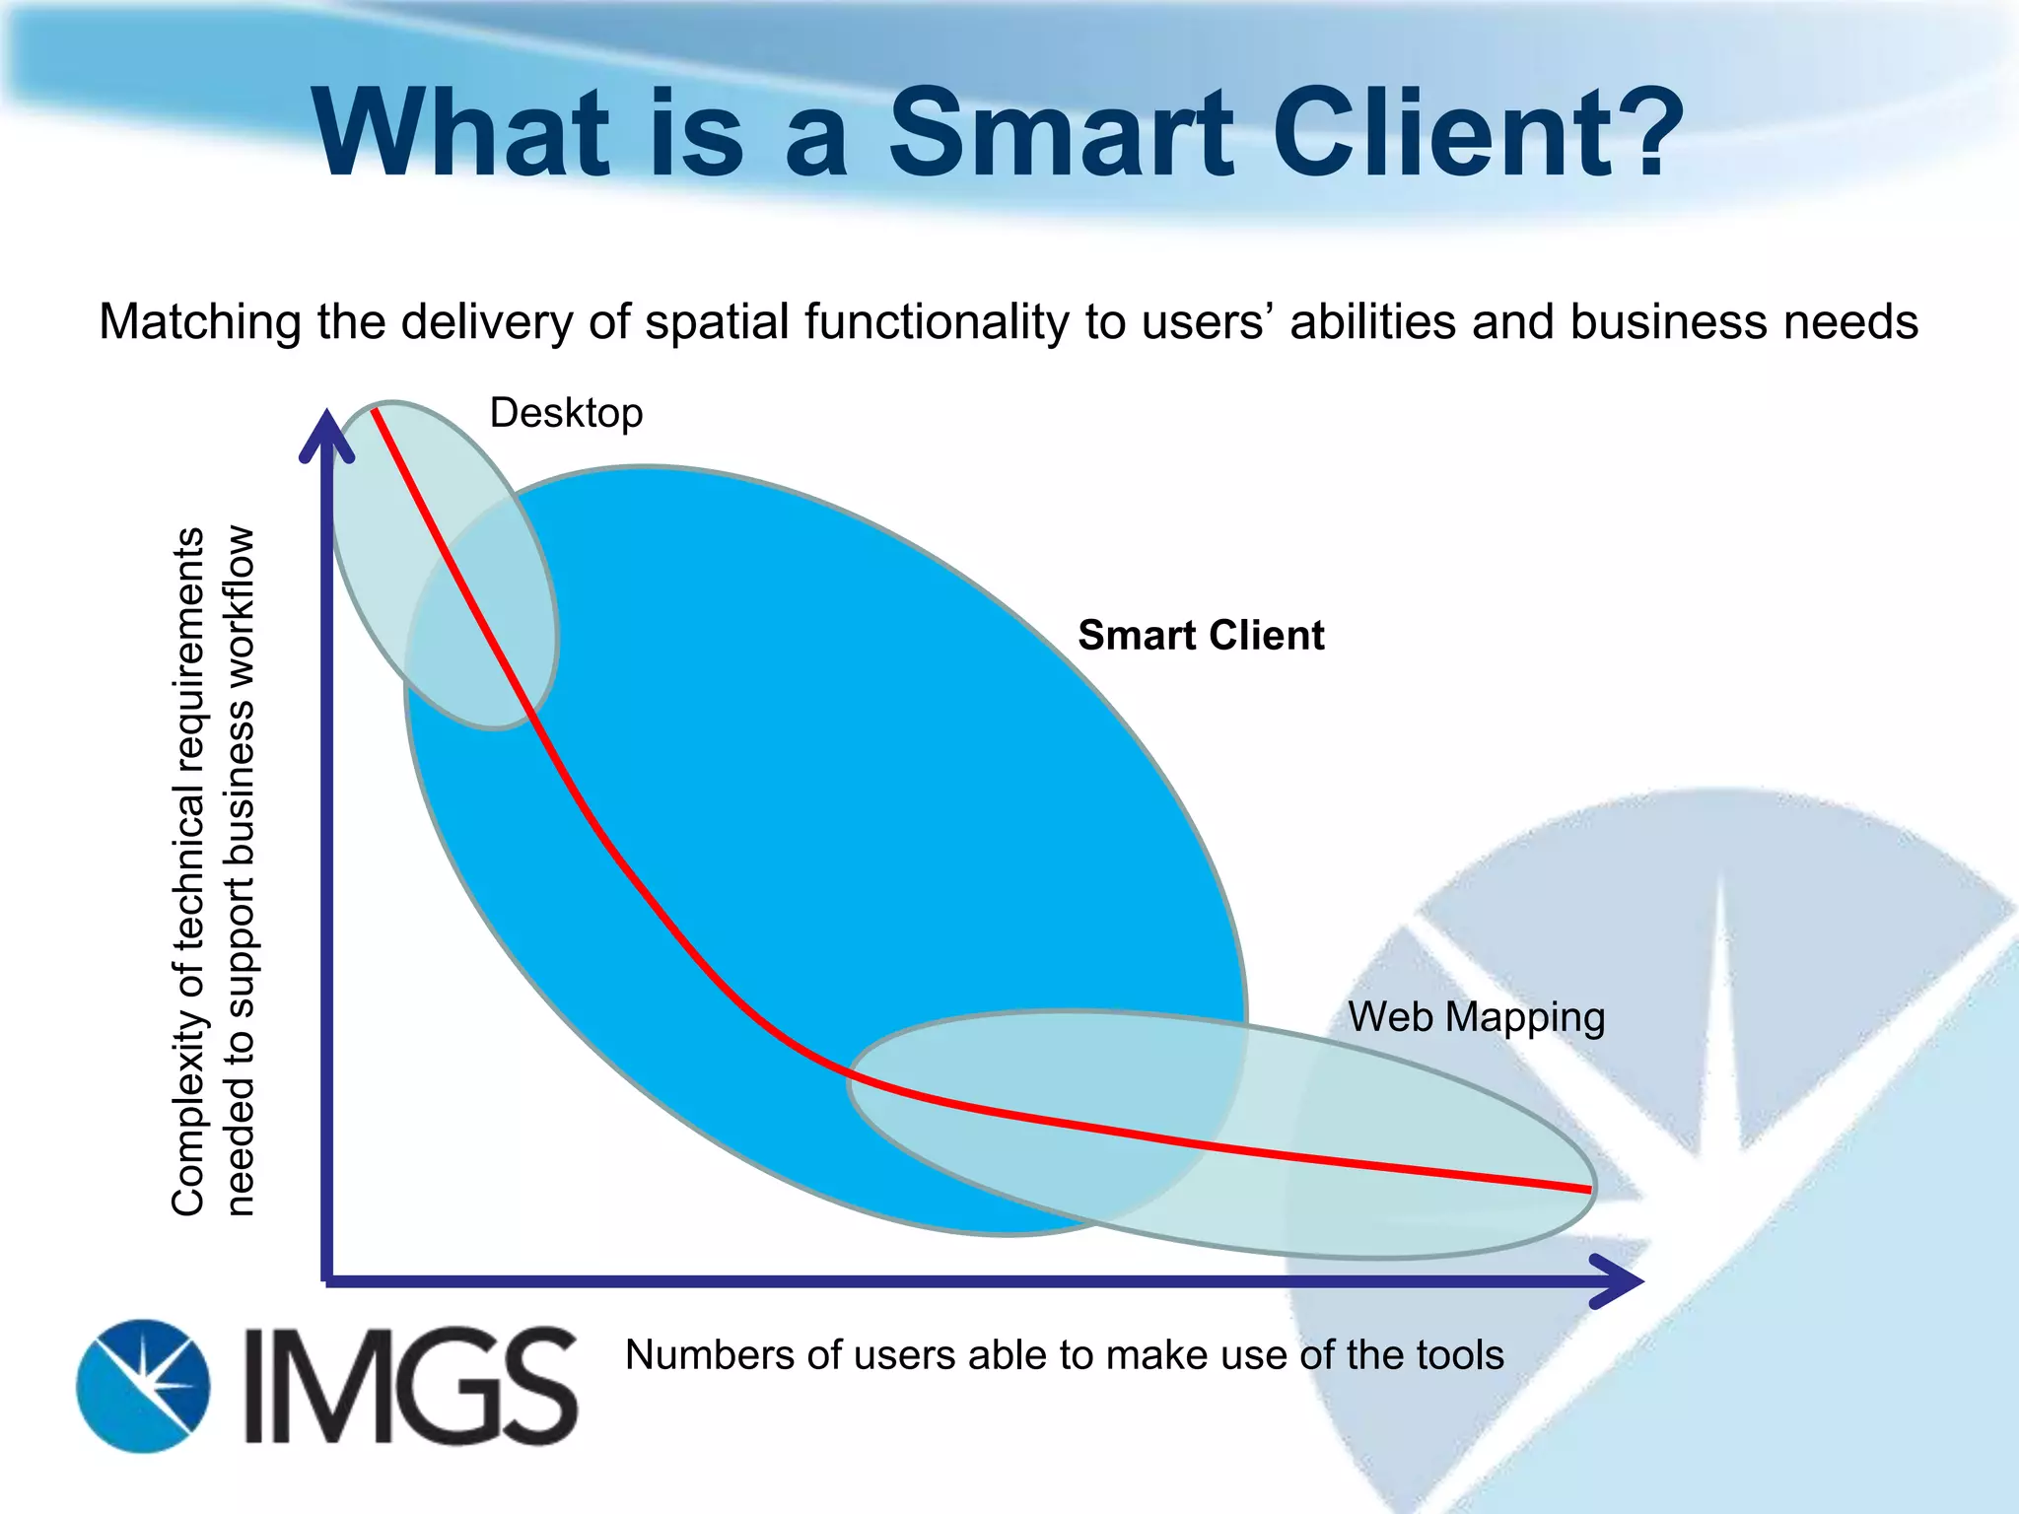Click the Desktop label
click(x=566, y=413)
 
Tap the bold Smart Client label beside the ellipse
click(x=1200, y=636)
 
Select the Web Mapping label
click(x=1476, y=1017)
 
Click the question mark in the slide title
click(x=1636, y=133)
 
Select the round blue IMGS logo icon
click(x=143, y=1386)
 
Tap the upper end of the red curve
click(x=375, y=410)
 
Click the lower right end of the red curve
click(x=1589, y=1191)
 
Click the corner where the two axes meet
click(x=327, y=1281)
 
